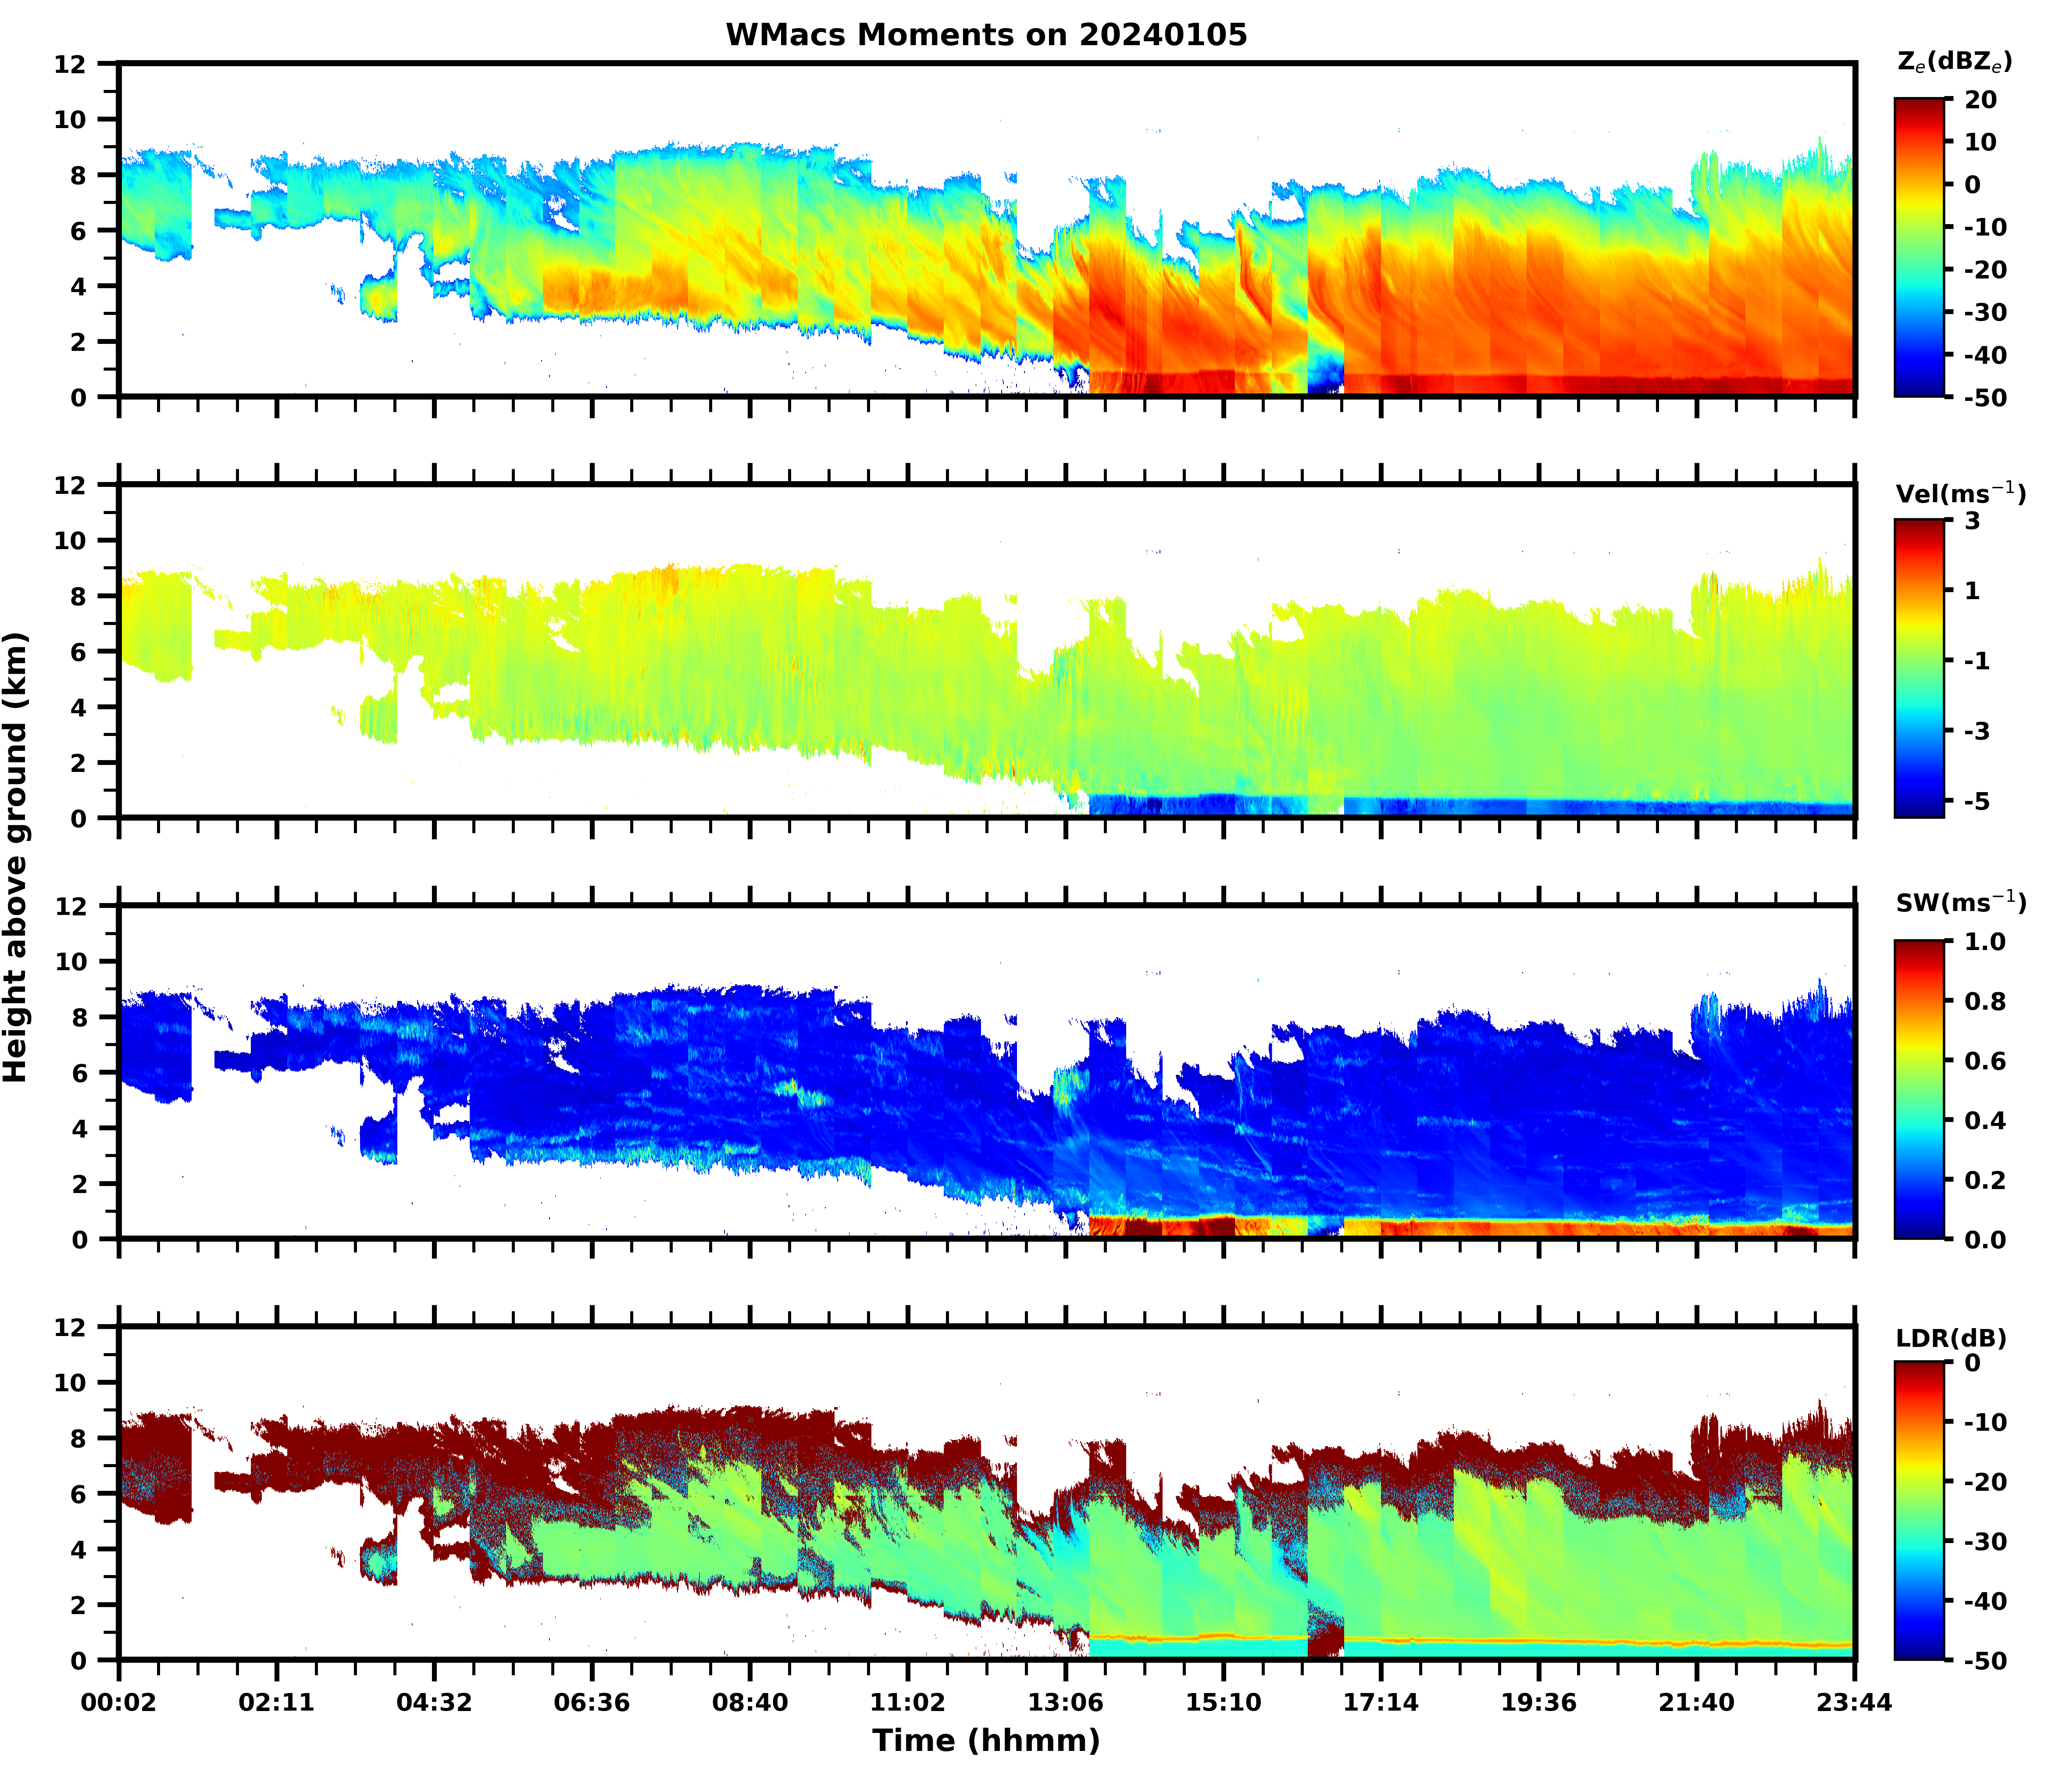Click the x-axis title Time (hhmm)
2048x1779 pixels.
(x=986, y=1740)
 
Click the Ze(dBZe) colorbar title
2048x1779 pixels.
(x=1954, y=63)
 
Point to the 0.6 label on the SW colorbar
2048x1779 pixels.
(x=1985, y=1061)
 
